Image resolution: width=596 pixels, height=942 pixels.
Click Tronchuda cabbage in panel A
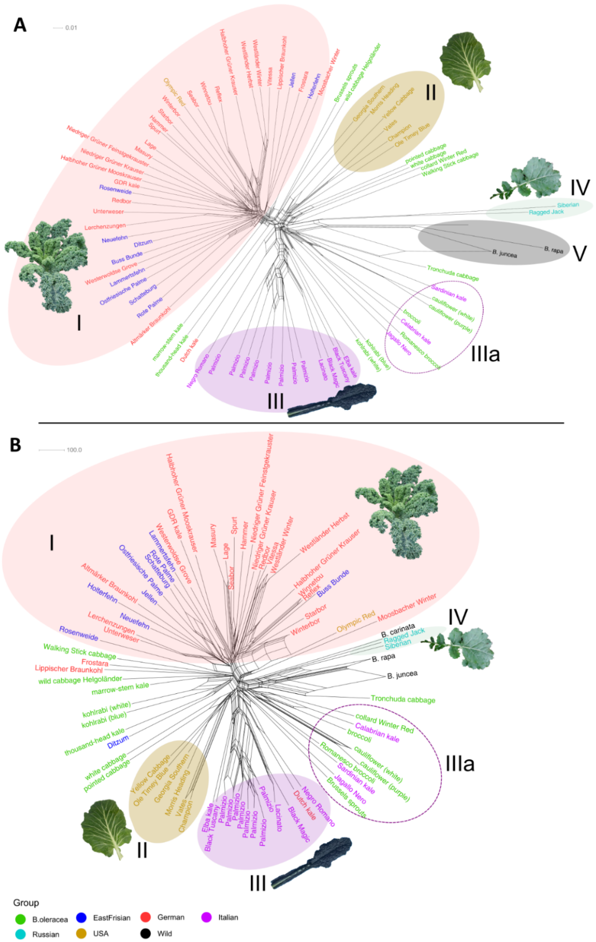point(452,273)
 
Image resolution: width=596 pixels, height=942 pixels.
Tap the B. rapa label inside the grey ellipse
point(553,250)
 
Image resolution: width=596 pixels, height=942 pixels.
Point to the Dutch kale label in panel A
point(189,350)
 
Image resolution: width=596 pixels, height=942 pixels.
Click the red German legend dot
point(145,917)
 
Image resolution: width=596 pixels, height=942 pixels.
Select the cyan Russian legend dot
point(20,934)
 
